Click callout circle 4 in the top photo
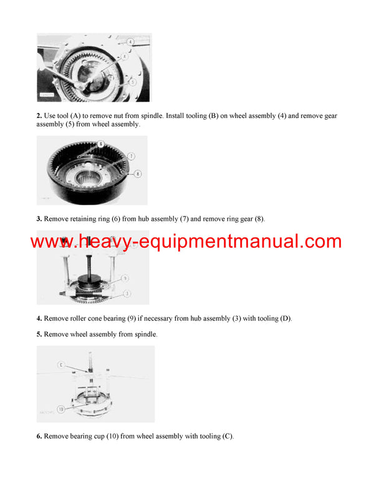(x=130, y=41)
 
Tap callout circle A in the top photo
(x=125, y=56)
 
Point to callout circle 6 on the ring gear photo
(x=100, y=145)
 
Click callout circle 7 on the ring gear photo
(x=132, y=155)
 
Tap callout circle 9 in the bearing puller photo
(x=125, y=278)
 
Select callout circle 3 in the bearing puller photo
(x=127, y=293)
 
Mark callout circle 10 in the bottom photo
(x=61, y=409)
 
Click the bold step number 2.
(x=39, y=116)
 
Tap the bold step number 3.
(x=39, y=219)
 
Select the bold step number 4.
(x=39, y=318)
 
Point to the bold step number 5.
(x=39, y=334)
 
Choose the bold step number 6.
(x=39, y=436)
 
